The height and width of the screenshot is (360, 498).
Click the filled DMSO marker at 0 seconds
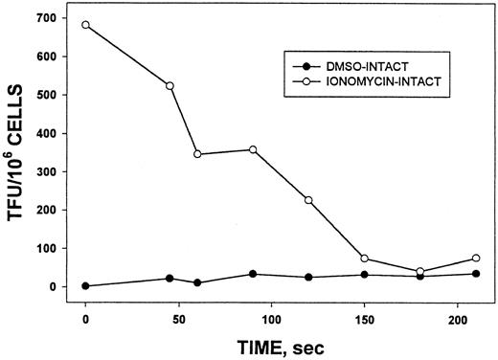tap(85, 285)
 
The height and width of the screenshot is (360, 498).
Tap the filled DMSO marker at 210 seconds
tap(476, 274)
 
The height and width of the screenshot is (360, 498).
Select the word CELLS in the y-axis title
tap(19, 101)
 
